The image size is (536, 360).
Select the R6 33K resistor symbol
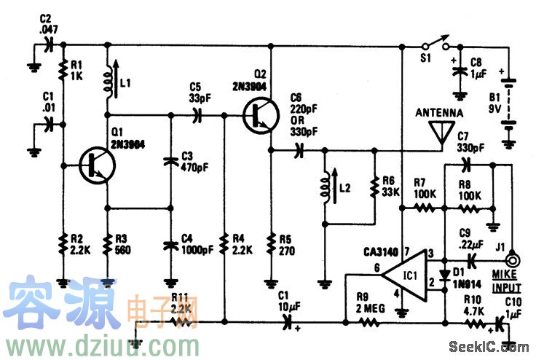pos(374,189)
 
